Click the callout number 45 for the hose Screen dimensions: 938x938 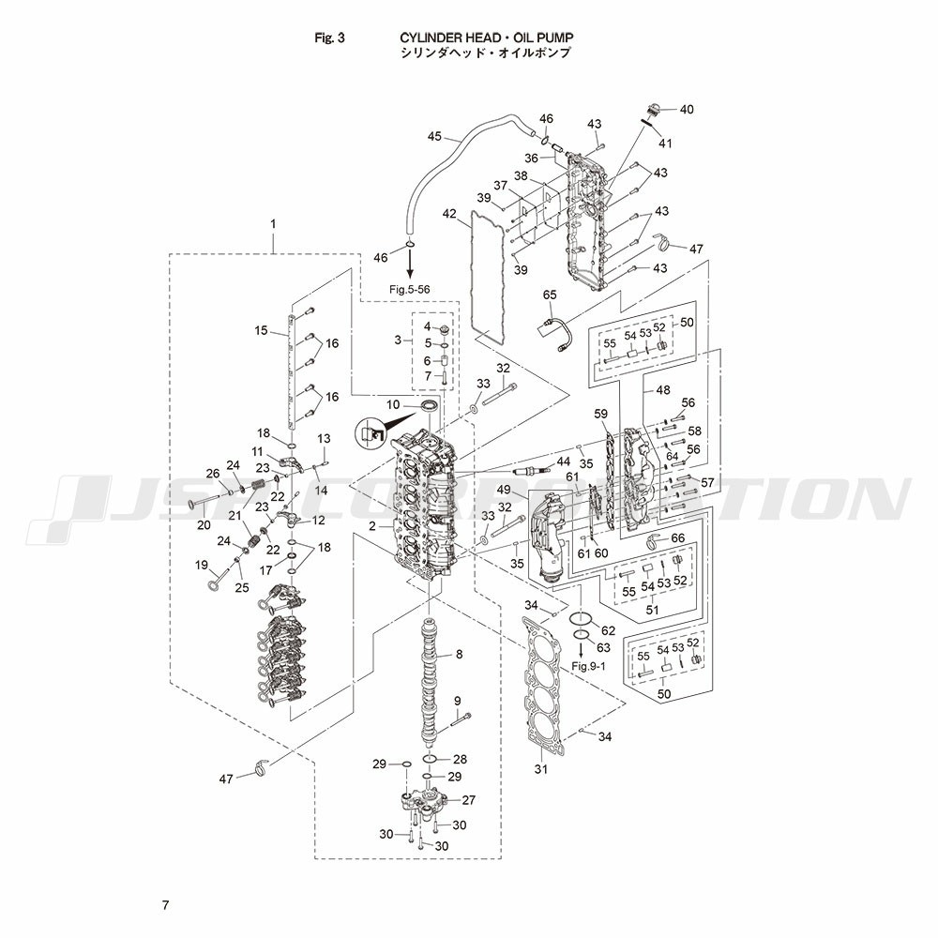click(x=433, y=136)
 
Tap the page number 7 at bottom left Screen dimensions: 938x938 click(x=165, y=905)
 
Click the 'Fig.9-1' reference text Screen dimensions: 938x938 click(x=590, y=665)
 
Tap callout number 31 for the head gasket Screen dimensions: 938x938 click(x=540, y=770)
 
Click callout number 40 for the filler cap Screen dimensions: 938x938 click(x=687, y=110)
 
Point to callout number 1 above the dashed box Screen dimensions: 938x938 click(x=273, y=224)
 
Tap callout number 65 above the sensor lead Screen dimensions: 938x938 click(x=551, y=295)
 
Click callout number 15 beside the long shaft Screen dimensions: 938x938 click(x=262, y=330)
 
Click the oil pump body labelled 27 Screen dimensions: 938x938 click(x=423, y=803)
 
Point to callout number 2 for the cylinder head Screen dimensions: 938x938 click(x=372, y=526)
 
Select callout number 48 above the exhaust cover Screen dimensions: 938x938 click(x=663, y=389)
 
